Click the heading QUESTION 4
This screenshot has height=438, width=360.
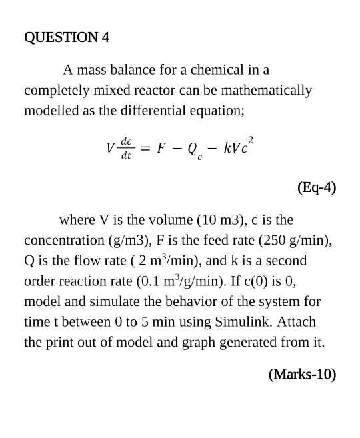(x=67, y=37)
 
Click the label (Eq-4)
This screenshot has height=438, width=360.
(x=316, y=187)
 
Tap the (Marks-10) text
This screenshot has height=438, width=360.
(x=302, y=374)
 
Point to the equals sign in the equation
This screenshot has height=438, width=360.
(x=144, y=149)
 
